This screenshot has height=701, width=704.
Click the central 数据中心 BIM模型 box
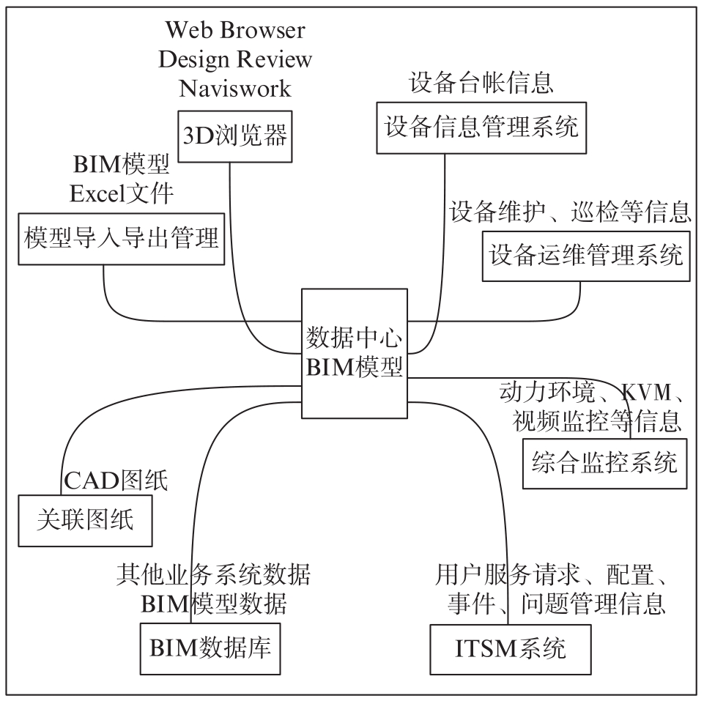tap(355, 353)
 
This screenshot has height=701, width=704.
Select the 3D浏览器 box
tap(235, 136)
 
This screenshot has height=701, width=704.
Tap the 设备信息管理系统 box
tap(481, 128)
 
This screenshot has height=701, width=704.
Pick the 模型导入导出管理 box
tap(121, 239)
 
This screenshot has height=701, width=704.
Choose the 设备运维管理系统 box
tap(586, 256)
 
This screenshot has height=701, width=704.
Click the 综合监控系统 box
tap(605, 464)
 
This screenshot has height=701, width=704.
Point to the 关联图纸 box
tap(85, 521)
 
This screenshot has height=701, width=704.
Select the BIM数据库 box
tap(210, 648)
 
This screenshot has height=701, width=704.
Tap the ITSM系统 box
tap(511, 649)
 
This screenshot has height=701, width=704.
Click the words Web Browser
tap(235, 30)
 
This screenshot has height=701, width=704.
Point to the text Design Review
tap(235, 59)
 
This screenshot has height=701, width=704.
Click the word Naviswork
tap(235, 88)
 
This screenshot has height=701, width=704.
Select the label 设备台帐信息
tap(481, 83)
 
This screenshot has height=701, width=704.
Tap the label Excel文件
tap(121, 193)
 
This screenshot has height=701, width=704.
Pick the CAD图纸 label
tap(116, 480)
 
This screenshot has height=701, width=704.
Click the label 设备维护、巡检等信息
tap(570, 212)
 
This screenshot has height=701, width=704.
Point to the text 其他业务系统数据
tap(213, 574)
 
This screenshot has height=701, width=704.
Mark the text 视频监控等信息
tap(597, 421)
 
